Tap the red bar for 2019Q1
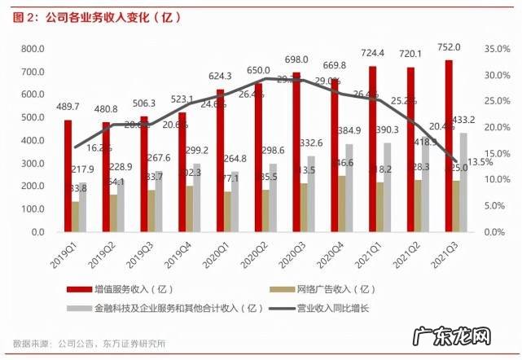(68, 176)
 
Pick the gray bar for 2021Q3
(463, 182)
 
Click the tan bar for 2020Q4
(341, 204)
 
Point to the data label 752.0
(449, 46)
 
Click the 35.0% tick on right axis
(495, 49)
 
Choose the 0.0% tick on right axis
(493, 232)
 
